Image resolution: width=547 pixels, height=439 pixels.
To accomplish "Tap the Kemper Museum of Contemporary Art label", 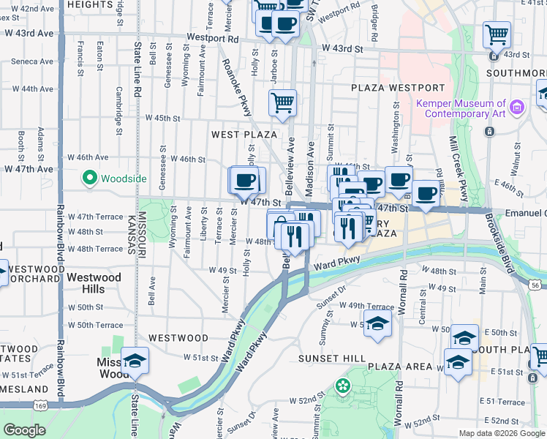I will pos(461,108).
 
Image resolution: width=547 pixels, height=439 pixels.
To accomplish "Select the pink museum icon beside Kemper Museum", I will pos(517,108).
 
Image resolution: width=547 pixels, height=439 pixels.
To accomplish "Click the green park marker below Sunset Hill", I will pos(342,385).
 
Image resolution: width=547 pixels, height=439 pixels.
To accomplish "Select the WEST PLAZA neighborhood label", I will pos(244,135).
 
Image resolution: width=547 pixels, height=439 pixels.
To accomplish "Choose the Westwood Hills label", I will pos(94,283).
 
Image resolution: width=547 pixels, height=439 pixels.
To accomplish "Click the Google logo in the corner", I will pos(25,430).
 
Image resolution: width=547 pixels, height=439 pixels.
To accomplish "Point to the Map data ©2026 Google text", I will pos(502,433).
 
